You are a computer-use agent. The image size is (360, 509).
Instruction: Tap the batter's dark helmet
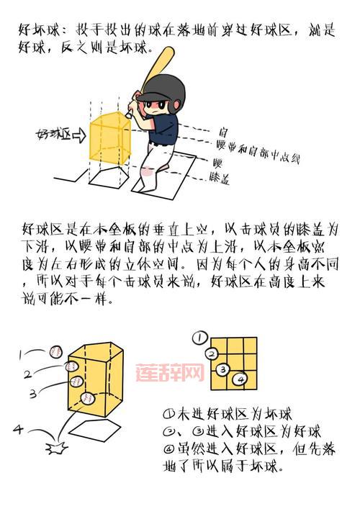click(161, 89)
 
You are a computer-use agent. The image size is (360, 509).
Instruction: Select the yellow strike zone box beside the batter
click(108, 138)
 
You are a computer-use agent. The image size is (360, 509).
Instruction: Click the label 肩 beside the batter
click(224, 132)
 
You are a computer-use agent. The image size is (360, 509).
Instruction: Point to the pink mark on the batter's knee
click(148, 170)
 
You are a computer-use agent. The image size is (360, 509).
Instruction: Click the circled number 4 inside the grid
click(240, 377)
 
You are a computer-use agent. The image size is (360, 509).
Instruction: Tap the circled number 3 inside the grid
click(223, 369)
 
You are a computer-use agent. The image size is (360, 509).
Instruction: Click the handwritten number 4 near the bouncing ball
click(18, 430)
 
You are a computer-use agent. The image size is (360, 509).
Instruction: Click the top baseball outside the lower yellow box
click(58, 351)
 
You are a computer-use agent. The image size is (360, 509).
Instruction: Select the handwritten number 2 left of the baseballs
click(27, 374)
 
